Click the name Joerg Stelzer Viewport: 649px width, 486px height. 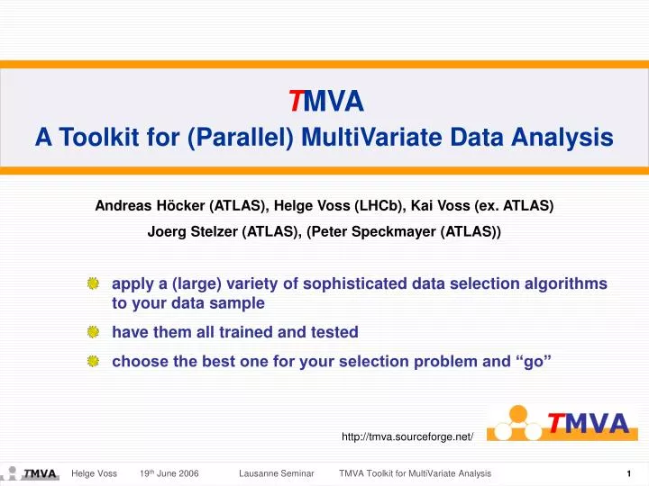click(193, 230)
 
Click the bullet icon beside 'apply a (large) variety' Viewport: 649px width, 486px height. click(93, 284)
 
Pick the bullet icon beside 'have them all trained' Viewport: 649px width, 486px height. click(93, 332)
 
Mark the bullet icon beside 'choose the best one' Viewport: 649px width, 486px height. click(93, 361)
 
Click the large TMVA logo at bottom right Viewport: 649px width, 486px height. click(558, 422)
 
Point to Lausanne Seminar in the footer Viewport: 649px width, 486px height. click(276, 473)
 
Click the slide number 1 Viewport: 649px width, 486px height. click(628, 473)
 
